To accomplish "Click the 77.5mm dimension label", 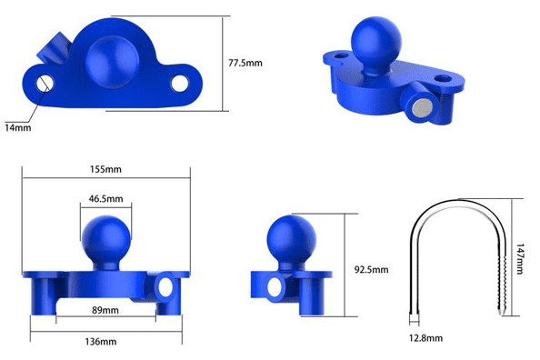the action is pyautogui.click(x=245, y=63).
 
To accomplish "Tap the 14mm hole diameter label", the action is pyautogui.click(x=18, y=127).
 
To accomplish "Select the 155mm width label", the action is pyautogui.click(x=105, y=169).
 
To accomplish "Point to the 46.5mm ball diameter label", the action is pyautogui.click(x=105, y=199).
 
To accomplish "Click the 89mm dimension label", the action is pyautogui.click(x=105, y=310).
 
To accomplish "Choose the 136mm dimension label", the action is pyautogui.click(x=101, y=342).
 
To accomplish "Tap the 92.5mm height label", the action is pyautogui.click(x=371, y=269).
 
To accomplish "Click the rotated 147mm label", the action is pyautogui.click(x=519, y=259).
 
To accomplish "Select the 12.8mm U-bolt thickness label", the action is pyautogui.click(x=425, y=338).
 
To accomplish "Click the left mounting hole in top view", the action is pyautogui.click(x=45, y=83).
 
